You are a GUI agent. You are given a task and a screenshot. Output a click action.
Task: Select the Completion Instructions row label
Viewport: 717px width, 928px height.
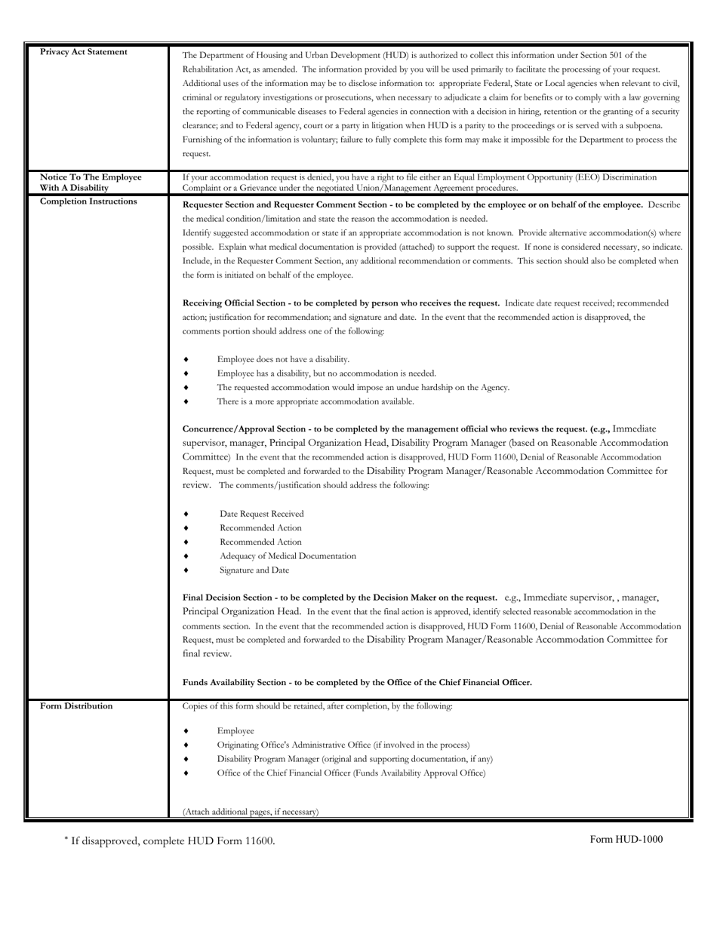(88, 201)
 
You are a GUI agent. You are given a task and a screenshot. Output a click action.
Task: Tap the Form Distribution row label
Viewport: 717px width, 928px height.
(76, 706)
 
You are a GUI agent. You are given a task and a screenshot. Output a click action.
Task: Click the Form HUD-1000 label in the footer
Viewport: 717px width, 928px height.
(626, 839)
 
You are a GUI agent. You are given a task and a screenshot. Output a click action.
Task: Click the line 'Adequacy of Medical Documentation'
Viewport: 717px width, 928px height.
(288, 556)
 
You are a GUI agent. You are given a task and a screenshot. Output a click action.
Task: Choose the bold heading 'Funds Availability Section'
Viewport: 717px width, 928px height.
(357, 683)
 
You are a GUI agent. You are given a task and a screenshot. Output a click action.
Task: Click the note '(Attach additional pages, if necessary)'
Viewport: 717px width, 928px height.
(251, 812)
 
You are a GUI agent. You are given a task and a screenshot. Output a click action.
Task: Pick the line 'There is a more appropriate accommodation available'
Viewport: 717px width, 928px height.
(315, 401)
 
